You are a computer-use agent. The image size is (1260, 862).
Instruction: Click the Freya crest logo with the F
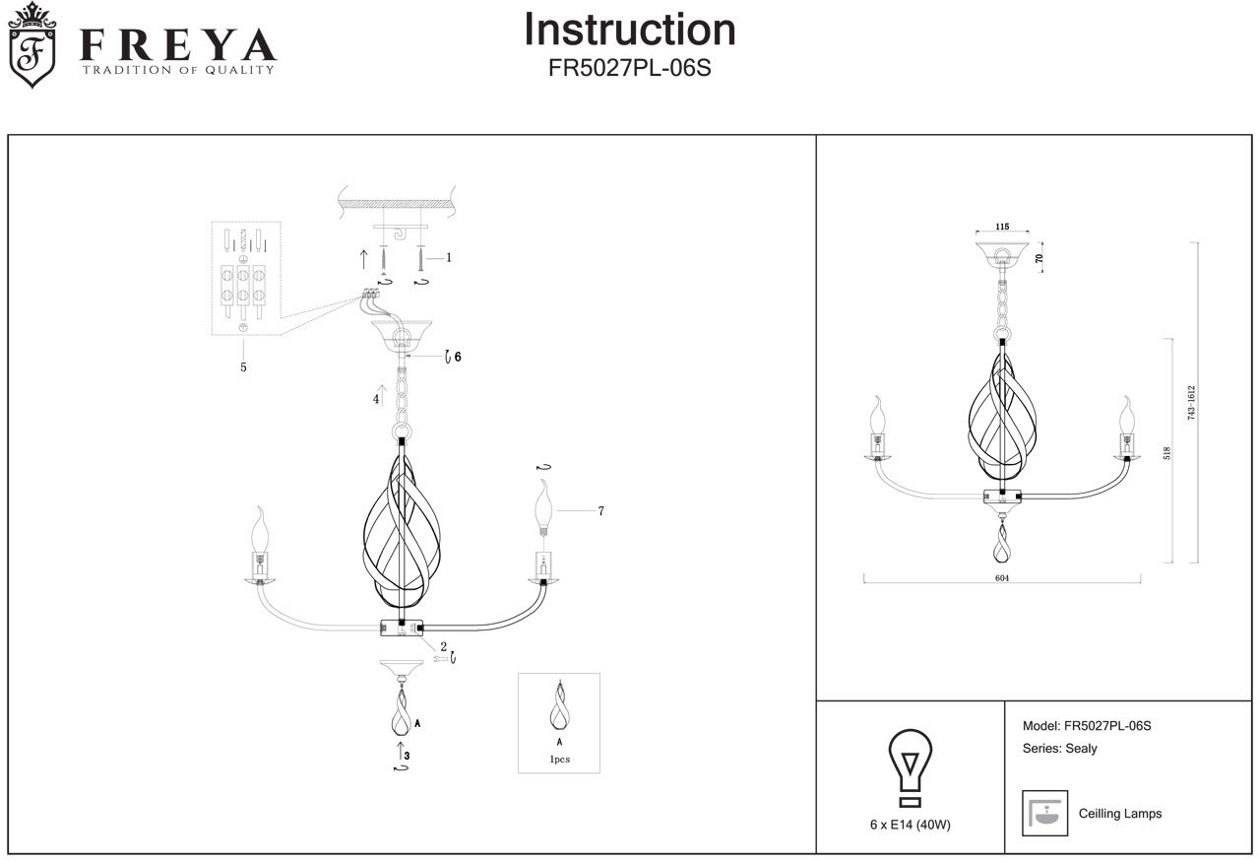click(x=32, y=46)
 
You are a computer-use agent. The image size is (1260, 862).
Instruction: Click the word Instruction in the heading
click(x=629, y=30)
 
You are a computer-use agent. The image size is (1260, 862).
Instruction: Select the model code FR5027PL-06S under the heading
click(x=629, y=68)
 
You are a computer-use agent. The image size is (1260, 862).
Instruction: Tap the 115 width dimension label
click(x=1002, y=227)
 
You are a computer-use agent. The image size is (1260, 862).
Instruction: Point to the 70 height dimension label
click(x=1039, y=258)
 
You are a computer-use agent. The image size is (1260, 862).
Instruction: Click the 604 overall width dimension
click(x=1002, y=577)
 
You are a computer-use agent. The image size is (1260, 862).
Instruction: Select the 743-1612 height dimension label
click(x=1191, y=403)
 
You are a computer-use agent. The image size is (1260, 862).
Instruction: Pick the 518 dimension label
click(x=1166, y=453)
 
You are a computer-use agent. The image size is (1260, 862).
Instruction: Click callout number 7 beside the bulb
click(x=600, y=510)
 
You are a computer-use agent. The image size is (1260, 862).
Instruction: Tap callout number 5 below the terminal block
click(x=243, y=367)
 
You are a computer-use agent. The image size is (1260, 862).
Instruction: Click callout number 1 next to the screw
click(x=448, y=258)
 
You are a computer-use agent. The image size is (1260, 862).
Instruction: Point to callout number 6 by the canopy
click(x=458, y=357)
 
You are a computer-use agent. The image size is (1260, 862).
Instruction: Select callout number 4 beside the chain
click(x=376, y=399)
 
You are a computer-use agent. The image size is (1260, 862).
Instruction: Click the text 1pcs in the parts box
click(x=560, y=759)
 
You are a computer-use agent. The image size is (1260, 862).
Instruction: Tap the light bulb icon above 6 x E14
click(x=910, y=768)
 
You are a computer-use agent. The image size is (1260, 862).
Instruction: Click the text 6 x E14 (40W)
click(x=911, y=825)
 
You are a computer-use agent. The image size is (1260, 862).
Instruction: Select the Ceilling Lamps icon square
click(x=1044, y=813)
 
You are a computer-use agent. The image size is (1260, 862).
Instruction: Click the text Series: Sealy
click(x=1060, y=749)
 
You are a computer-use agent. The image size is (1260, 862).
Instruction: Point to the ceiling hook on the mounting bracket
click(x=401, y=233)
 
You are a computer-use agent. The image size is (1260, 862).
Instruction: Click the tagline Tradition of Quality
click(x=179, y=70)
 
